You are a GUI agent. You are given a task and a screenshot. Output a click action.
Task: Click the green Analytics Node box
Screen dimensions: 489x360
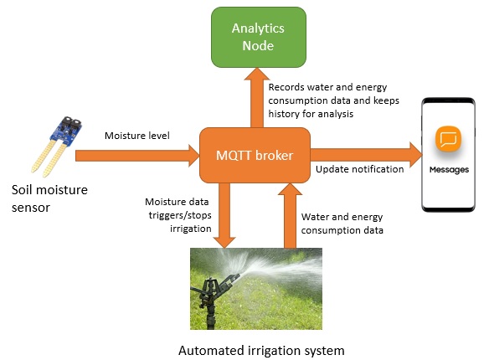pos(259,37)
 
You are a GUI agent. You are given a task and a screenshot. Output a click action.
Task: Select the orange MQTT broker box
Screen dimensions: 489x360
pos(255,155)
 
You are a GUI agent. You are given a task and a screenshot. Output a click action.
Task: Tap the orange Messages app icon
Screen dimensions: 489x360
pos(449,139)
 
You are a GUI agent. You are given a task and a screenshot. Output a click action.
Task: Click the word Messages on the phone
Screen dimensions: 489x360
pos(449,170)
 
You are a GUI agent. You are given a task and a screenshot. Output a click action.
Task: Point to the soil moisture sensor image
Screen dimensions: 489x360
pos(57,147)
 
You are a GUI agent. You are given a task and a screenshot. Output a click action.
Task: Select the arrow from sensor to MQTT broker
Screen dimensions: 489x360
pos(137,155)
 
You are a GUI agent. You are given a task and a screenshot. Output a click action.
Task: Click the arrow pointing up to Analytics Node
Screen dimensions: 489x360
pos(257,98)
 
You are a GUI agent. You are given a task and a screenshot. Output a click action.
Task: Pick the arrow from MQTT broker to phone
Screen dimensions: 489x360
pos(367,155)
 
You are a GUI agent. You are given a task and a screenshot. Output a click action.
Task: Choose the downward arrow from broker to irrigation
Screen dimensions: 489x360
pos(224,216)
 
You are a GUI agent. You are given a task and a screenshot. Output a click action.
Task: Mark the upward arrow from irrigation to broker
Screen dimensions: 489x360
pos(290,216)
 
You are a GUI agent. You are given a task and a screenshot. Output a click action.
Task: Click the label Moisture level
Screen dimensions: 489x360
pos(137,136)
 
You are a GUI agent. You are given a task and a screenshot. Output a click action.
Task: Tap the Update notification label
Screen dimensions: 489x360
pos(359,169)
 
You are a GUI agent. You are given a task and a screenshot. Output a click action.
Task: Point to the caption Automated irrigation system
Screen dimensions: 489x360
pos(261,351)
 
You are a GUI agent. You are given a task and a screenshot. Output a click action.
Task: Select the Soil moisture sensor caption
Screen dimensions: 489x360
pos(49,198)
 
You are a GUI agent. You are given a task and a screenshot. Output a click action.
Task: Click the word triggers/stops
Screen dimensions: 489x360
pos(180,215)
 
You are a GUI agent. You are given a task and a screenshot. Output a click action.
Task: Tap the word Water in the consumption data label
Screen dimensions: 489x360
pos(312,217)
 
